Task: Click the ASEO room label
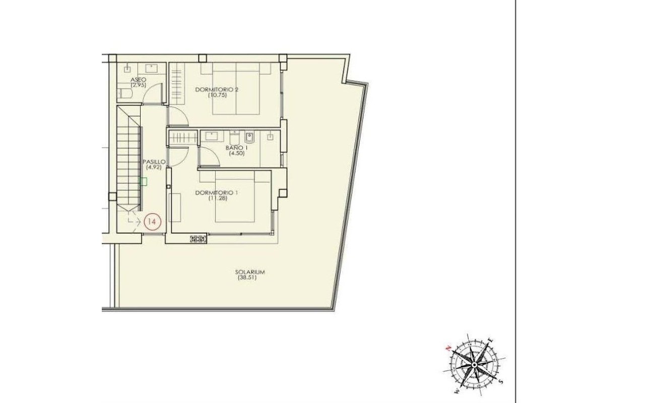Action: click(x=138, y=80)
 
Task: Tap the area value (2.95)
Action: click(x=138, y=85)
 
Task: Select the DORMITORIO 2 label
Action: click(x=217, y=90)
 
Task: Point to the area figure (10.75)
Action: click(x=217, y=95)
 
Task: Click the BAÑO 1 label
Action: click(x=237, y=148)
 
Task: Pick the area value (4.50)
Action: click(x=237, y=154)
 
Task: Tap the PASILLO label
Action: click(x=154, y=162)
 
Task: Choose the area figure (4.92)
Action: click(x=154, y=167)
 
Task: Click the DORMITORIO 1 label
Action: click(x=217, y=192)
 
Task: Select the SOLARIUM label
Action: click(x=249, y=272)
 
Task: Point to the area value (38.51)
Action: click(x=247, y=278)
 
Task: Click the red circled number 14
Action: click(x=152, y=222)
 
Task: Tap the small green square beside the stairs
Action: click(x=144, y=181)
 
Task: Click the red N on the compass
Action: click(x=448, y=349)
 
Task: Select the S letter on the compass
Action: click(x=501, y=382)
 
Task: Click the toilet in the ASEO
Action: click(x=125, y=93)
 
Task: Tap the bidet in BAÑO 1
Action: click(x=249, y=138)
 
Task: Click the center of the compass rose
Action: click(x=474, y=365)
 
